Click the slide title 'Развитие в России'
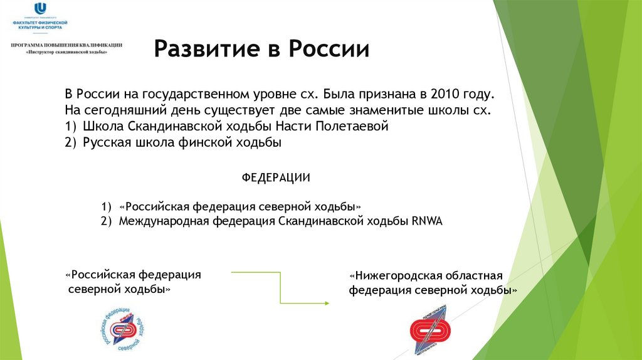[261, 49]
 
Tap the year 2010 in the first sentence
[445, 94]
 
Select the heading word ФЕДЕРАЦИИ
[276, 177]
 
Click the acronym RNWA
[428, 221]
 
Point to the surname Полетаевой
[355, 127]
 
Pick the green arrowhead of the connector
[326, 303]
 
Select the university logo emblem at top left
[41, 8]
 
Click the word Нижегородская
[394, 276]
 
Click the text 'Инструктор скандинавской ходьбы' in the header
[66, 53]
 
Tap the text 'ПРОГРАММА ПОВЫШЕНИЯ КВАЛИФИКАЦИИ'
[66, 45]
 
